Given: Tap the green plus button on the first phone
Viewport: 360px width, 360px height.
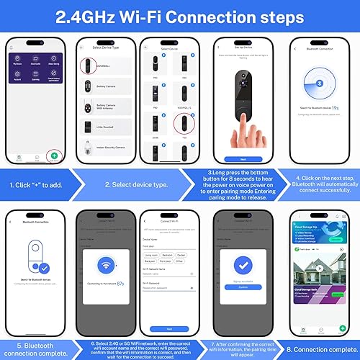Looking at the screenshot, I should [x=54, y=155].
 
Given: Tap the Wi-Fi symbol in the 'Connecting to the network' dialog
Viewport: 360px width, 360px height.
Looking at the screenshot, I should [x=107, y=264].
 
